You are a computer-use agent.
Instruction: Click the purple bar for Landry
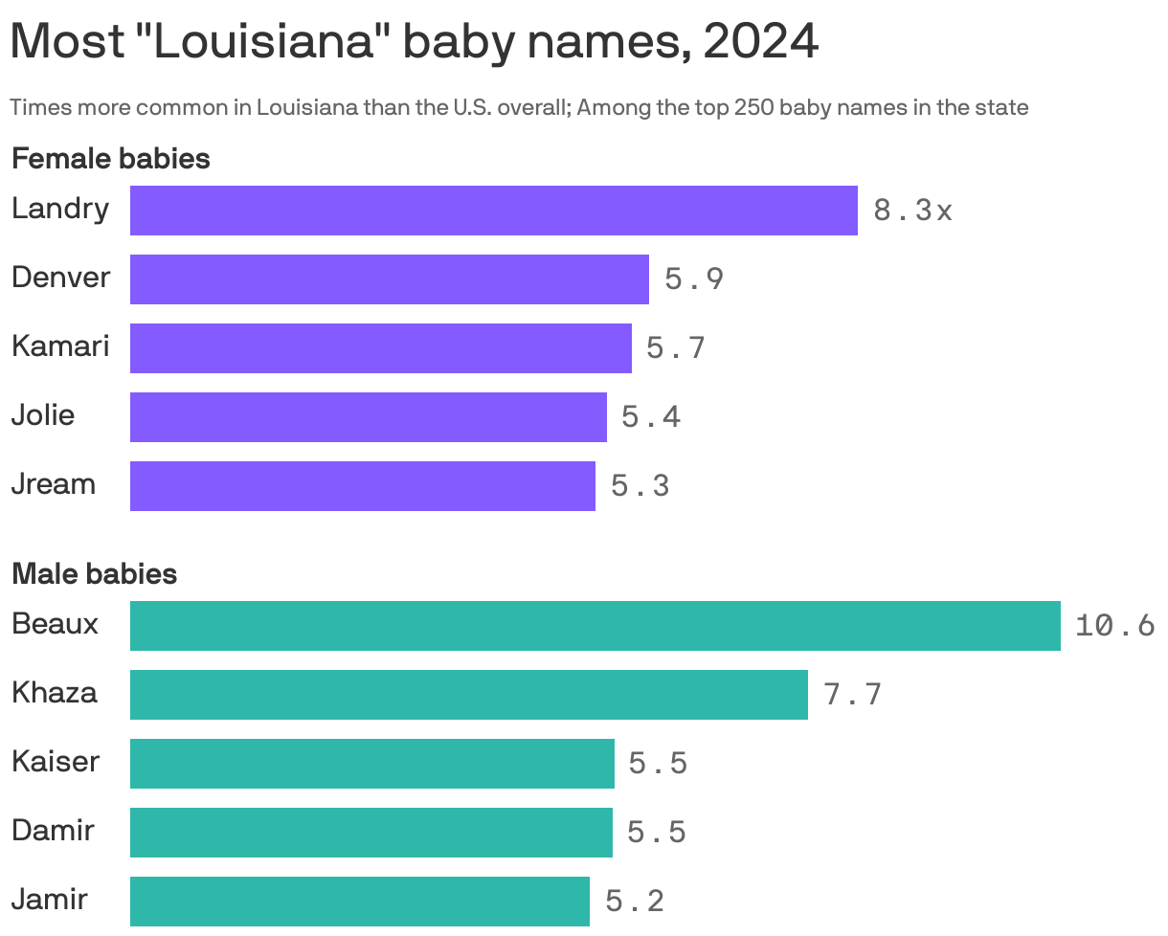(x=493, y=211)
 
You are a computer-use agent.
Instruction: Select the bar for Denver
(x=389, y=279)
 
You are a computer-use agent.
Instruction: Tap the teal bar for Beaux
(x=595, y=626)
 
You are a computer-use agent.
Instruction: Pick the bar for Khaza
(x=468, y=695)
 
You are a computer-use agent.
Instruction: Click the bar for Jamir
(x=359, y=902)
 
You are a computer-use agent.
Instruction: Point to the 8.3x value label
(x=912, y=211)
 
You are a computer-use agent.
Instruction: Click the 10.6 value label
(x=1114, y=626)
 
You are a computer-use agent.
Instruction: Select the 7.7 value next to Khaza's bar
(x=852, y=695)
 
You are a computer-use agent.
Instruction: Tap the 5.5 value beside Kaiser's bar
(x=658, y=764)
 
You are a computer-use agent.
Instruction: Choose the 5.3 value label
(x=640, y=486)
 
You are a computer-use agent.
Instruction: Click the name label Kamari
(x=60, y=346)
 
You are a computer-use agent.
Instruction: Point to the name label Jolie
(x=43, y=415)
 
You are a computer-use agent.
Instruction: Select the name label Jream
(x=54, y=484)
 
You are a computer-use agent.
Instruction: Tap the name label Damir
(x=53, y=831)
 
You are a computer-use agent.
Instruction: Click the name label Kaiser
(x=56, y=762)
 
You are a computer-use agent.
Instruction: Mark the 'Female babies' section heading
(x=110, y=159)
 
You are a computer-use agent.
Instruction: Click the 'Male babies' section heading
(x=94, y=574)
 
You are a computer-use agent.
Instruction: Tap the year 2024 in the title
(x=760, y=42)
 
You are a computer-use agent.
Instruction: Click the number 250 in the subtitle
(x=754, y=107)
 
